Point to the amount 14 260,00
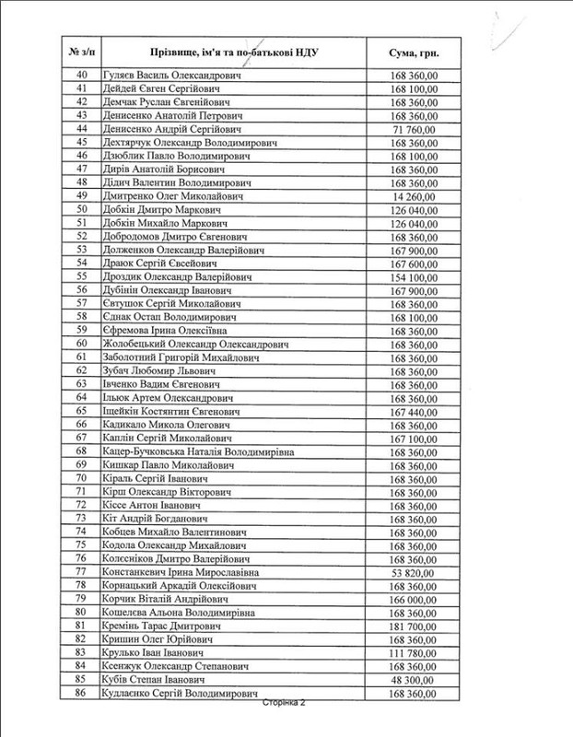(x=416, y=195)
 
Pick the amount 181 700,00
(x=414, y=626)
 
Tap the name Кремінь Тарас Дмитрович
(x=157, y=626)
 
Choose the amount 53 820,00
(x=416, y=572)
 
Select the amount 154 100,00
(x=414, y=276)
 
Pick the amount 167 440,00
(x=414, y=411)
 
